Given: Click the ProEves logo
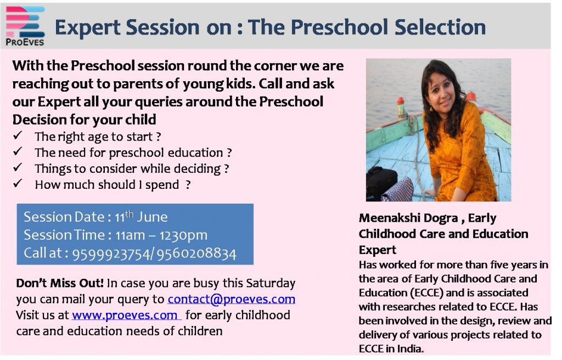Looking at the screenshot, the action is coord(25,26).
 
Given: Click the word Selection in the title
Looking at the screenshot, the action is coord(440,27).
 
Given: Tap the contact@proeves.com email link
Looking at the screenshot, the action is coord(232,299).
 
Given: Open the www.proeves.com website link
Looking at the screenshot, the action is coord(125,315).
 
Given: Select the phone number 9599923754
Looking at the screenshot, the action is coord(111,254).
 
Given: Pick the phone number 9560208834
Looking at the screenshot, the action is coord(196,254).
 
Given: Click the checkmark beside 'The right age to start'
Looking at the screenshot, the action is coord(18,136).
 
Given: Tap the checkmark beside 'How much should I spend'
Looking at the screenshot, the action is coord(18,183).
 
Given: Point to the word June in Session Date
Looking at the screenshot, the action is coord(153,217).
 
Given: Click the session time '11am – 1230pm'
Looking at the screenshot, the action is coord(161,235).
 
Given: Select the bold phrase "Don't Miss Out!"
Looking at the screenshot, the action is coord(60,283).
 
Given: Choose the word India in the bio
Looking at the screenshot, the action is coord(409,348).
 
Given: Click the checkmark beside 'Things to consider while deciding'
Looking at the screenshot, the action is coord(18,167).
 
